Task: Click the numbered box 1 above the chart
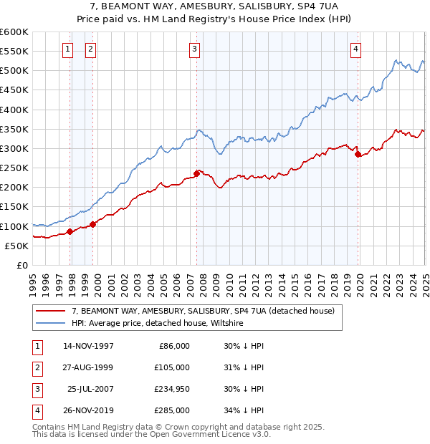click(67, 49)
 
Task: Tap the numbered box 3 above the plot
click(195, 49)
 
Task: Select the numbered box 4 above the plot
click(356, 49)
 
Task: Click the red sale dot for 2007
click(197, 173)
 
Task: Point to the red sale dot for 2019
click(358, 154)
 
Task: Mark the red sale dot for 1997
click(70, 231)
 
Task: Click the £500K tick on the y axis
click(15, 71)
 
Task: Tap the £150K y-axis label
click(15, 207)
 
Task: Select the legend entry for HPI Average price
click(158, 324)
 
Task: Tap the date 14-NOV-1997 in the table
click(88, 346)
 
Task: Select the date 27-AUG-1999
click(88, 367)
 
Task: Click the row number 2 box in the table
click(34, 367)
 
